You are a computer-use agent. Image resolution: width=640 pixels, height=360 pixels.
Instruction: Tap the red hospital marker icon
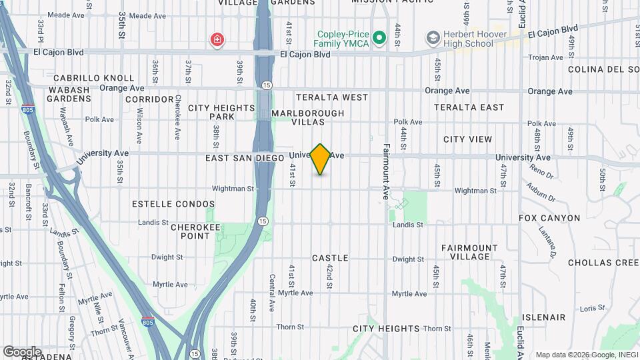tap(217, 41)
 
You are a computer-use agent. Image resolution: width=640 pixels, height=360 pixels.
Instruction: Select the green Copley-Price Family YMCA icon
tap(379, 38)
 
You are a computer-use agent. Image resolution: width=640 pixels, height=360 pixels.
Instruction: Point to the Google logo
tap(22, 352)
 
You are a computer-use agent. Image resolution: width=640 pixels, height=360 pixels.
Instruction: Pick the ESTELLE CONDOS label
tap(173, 204)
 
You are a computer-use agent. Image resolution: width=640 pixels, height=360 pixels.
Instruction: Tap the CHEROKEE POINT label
tap(195, 231)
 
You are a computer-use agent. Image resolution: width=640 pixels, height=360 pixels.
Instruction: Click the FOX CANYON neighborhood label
tap(550, 218)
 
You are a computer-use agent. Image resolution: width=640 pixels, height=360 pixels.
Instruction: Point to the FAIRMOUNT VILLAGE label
tap(469, 252)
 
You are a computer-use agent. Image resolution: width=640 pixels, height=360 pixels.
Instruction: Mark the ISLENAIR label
tap(544, 317)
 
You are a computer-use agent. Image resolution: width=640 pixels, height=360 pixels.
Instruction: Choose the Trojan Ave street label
tap(545, 57)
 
